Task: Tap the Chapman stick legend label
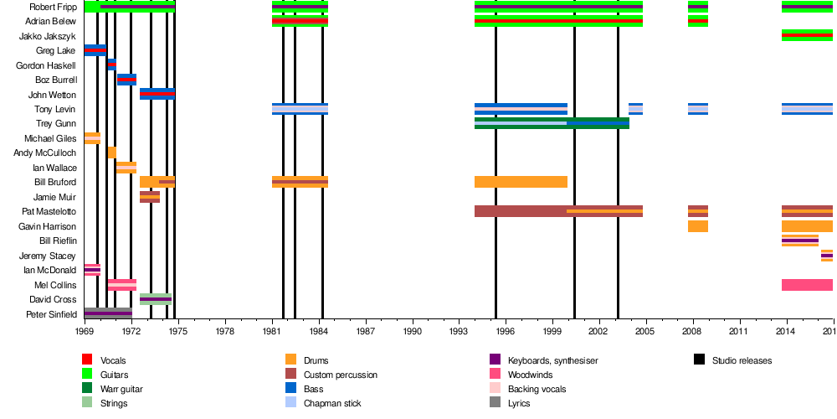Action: (331, 403)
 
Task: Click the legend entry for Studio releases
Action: (742, 360)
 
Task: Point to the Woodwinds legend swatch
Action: (495, 375)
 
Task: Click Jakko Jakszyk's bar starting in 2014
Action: (807, 35)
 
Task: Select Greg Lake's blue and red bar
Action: (95, 50)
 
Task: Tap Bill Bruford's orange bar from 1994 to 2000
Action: (521, 182)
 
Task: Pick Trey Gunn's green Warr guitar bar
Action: (552, 123)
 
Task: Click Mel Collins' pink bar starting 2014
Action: (807, 285)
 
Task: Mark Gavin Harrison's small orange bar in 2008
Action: (698, 226)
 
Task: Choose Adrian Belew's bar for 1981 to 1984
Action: (300, 21)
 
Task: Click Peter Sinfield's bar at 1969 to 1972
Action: (108, 314)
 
